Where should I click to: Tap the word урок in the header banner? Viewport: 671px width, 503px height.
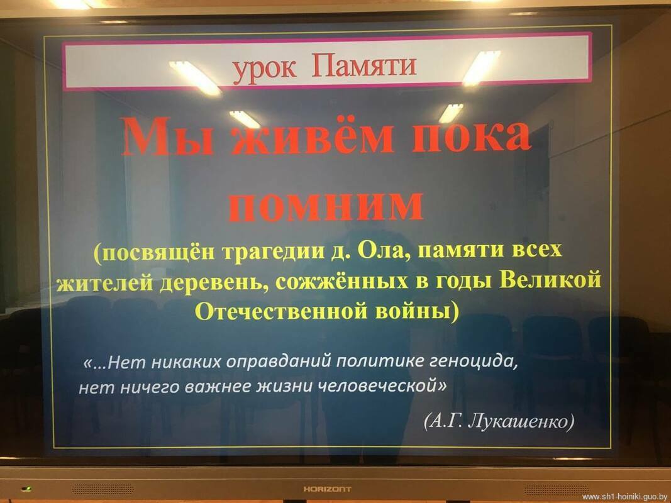pyautogui.click(x=265, y=69)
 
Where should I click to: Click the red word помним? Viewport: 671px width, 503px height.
pyautogui.click(x=326, y=207)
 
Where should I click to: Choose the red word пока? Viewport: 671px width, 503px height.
pyautogui.click(x=471, y=137)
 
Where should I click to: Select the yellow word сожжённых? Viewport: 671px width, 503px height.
pyautogui.click(x=341, y=282)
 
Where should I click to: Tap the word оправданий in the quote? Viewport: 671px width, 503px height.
pyautogui.click(x=279, y=363)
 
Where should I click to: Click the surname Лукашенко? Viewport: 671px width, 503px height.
pyautogui.click(x=521, y=422)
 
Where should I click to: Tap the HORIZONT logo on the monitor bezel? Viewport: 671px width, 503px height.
pyautogui.click(x=328, y=489)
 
